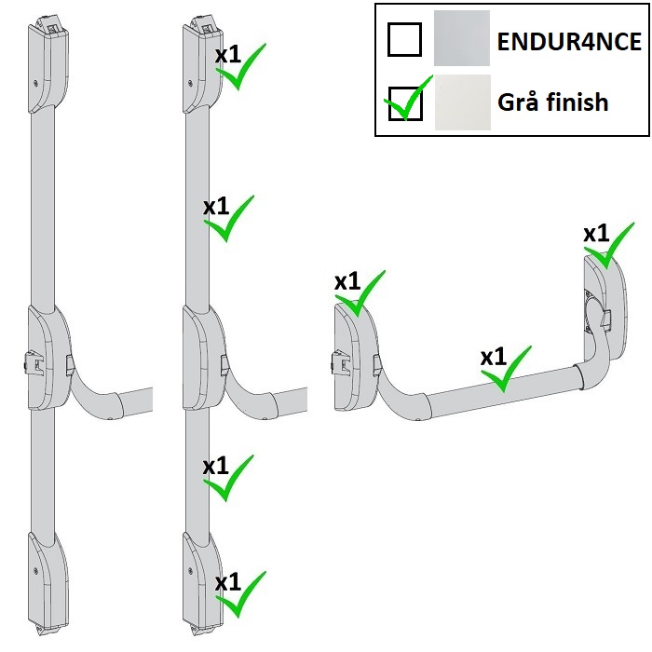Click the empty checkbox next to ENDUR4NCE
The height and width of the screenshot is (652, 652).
[x=404, y=39]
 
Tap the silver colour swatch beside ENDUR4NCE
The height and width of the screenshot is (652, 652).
[x=461, y=38]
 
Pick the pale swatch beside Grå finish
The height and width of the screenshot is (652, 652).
[x=461, y=101]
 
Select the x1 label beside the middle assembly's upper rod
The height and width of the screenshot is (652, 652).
[x=216, y=206]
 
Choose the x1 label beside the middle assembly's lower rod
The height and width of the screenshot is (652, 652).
[x=215, y=465]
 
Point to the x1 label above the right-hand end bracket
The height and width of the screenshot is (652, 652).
[x=596, y=232]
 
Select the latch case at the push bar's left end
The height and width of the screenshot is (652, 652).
[x=354, y=359]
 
